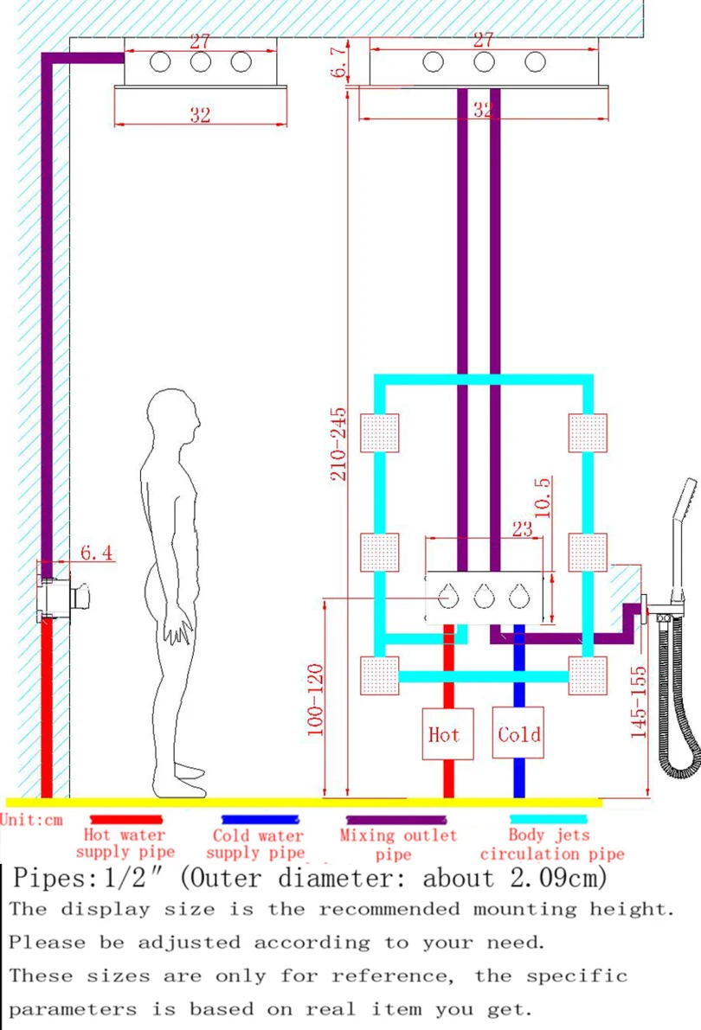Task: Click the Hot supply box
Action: pyautogui.click(x=447, y=733)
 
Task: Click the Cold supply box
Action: pyautogui.click(x=518, y=733)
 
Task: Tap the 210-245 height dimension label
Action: pyautogui.click(x=338, y=444)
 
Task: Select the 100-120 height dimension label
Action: pyautogui.click(x=316, y=700)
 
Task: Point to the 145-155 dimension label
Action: pyautogui.click(x=639, y=702)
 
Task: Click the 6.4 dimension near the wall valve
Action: pyautogui.click(x=97, y=553)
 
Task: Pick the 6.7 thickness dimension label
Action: pyautogui.click(x=338, y=61)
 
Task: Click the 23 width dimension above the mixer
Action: pyautogui.click(x=523, y=528)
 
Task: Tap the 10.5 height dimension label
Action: pyautogui.click(x=543, y=498)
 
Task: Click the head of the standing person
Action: pyautogui.click(x=172, y=415)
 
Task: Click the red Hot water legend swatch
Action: pyautogui.click(x=125, y=819)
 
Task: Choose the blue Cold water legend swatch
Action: pyautogui.click(x=260, y=819)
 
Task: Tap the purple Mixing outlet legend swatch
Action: pyautogui.click(x=396, y=820)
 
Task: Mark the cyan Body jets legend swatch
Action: pyautogui.click(x=548, y=818)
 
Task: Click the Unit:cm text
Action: pyautogui.click(x=31, y=820)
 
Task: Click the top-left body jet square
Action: pyautogui.click(x=379, y=433)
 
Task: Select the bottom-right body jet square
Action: pyautogui.click(x=588, y=675)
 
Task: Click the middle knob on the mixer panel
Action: pyautogui.click(x=484, y=597)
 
